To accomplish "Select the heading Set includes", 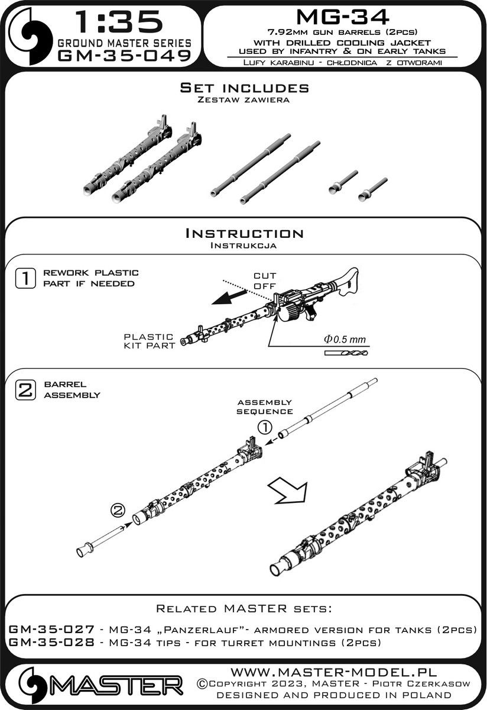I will pos(244,88).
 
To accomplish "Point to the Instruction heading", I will pos(244,233).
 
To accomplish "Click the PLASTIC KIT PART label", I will pos(149,341).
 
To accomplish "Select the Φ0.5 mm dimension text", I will pos(345,340).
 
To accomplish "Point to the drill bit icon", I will pos(345,353).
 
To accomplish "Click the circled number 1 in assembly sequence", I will pos(265,426).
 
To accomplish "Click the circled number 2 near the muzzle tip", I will pos(118,508).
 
